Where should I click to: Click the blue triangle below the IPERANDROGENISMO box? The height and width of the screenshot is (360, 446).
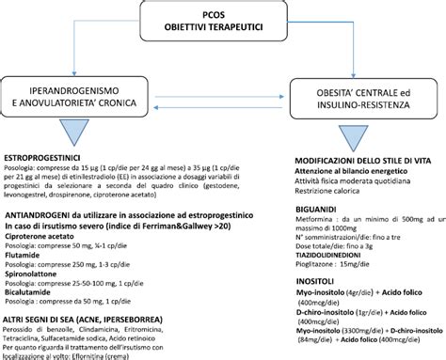pos(74,131)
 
